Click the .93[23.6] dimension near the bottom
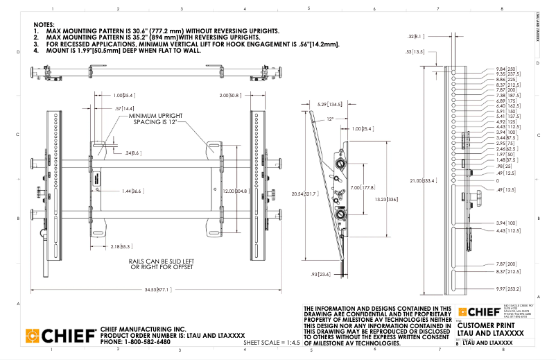click(322, 275)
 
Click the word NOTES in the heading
click(44, 24)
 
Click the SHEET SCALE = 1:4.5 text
click(271, 342)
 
